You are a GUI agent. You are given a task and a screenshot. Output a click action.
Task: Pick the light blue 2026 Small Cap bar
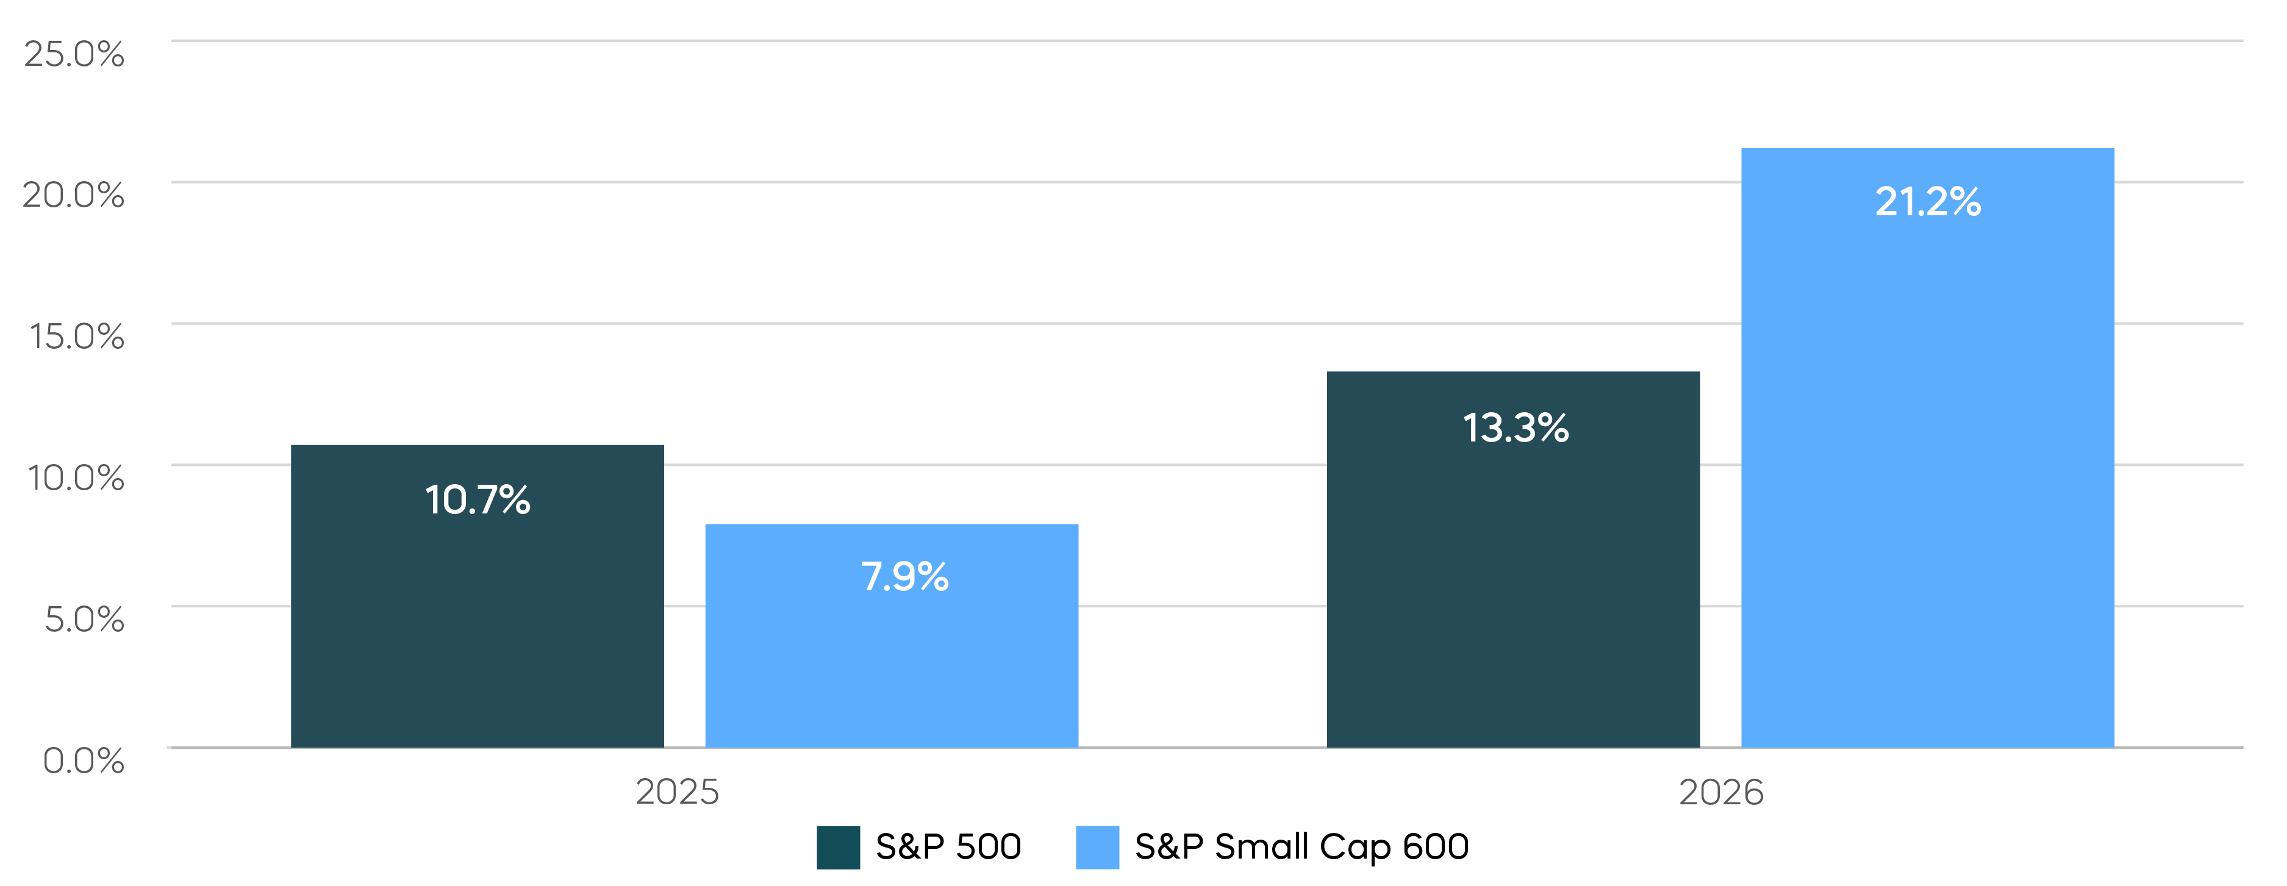click(1927, 488)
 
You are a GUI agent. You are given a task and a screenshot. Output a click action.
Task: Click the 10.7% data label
click(478, 500)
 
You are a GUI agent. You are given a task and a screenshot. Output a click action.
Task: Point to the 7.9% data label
click(904, 577)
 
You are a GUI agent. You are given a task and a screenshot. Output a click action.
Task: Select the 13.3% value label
click(1516, 428)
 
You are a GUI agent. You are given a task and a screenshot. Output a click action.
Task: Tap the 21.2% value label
click(1927, 201)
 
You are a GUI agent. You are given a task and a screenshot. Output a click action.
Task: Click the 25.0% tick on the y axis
click(74, 54)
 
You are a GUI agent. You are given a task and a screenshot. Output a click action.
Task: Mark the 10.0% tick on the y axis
click(76, 477)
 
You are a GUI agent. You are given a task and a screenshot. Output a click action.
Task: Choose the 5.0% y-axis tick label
click(84, 619)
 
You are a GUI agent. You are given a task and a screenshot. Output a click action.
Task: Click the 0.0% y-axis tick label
click(84, 760)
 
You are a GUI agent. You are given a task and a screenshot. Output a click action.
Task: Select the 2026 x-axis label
click(1720, 791)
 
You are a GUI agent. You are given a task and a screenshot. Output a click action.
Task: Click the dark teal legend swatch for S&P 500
click(838, 847)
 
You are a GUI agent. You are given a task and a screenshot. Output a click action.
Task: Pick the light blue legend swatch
click(1097, 847)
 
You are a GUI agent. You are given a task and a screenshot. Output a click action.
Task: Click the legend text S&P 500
click(948, 847)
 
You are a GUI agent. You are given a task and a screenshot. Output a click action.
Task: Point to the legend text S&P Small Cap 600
click(1301, 847)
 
